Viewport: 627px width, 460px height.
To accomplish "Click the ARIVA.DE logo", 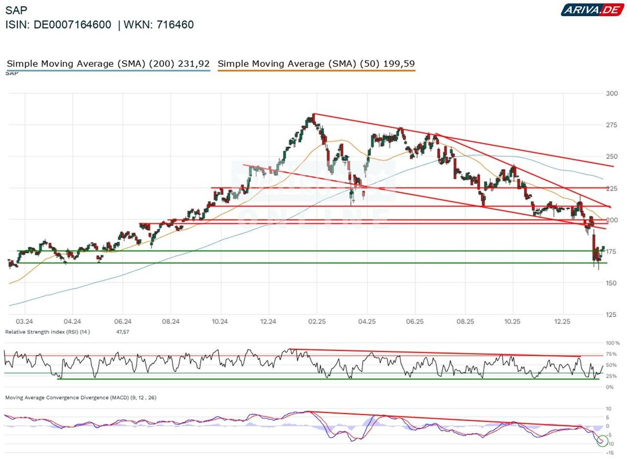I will [591, 9].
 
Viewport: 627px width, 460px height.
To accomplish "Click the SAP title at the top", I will [16, 10].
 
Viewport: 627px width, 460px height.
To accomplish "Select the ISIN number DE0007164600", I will [73, 25].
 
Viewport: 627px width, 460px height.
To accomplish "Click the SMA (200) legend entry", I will [108, 64].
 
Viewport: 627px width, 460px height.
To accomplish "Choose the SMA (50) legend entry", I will [316, 64].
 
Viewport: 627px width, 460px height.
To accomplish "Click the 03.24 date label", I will [25, 322].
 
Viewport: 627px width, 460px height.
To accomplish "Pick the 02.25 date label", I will [317, 322].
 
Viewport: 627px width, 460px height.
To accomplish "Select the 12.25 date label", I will [562, 322].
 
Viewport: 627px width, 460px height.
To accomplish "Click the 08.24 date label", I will [171, 322].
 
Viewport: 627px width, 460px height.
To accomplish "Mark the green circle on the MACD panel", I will [602, 441].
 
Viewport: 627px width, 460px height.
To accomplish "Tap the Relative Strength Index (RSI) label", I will [48, 332].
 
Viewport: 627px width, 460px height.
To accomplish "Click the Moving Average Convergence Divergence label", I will [80, 397].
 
